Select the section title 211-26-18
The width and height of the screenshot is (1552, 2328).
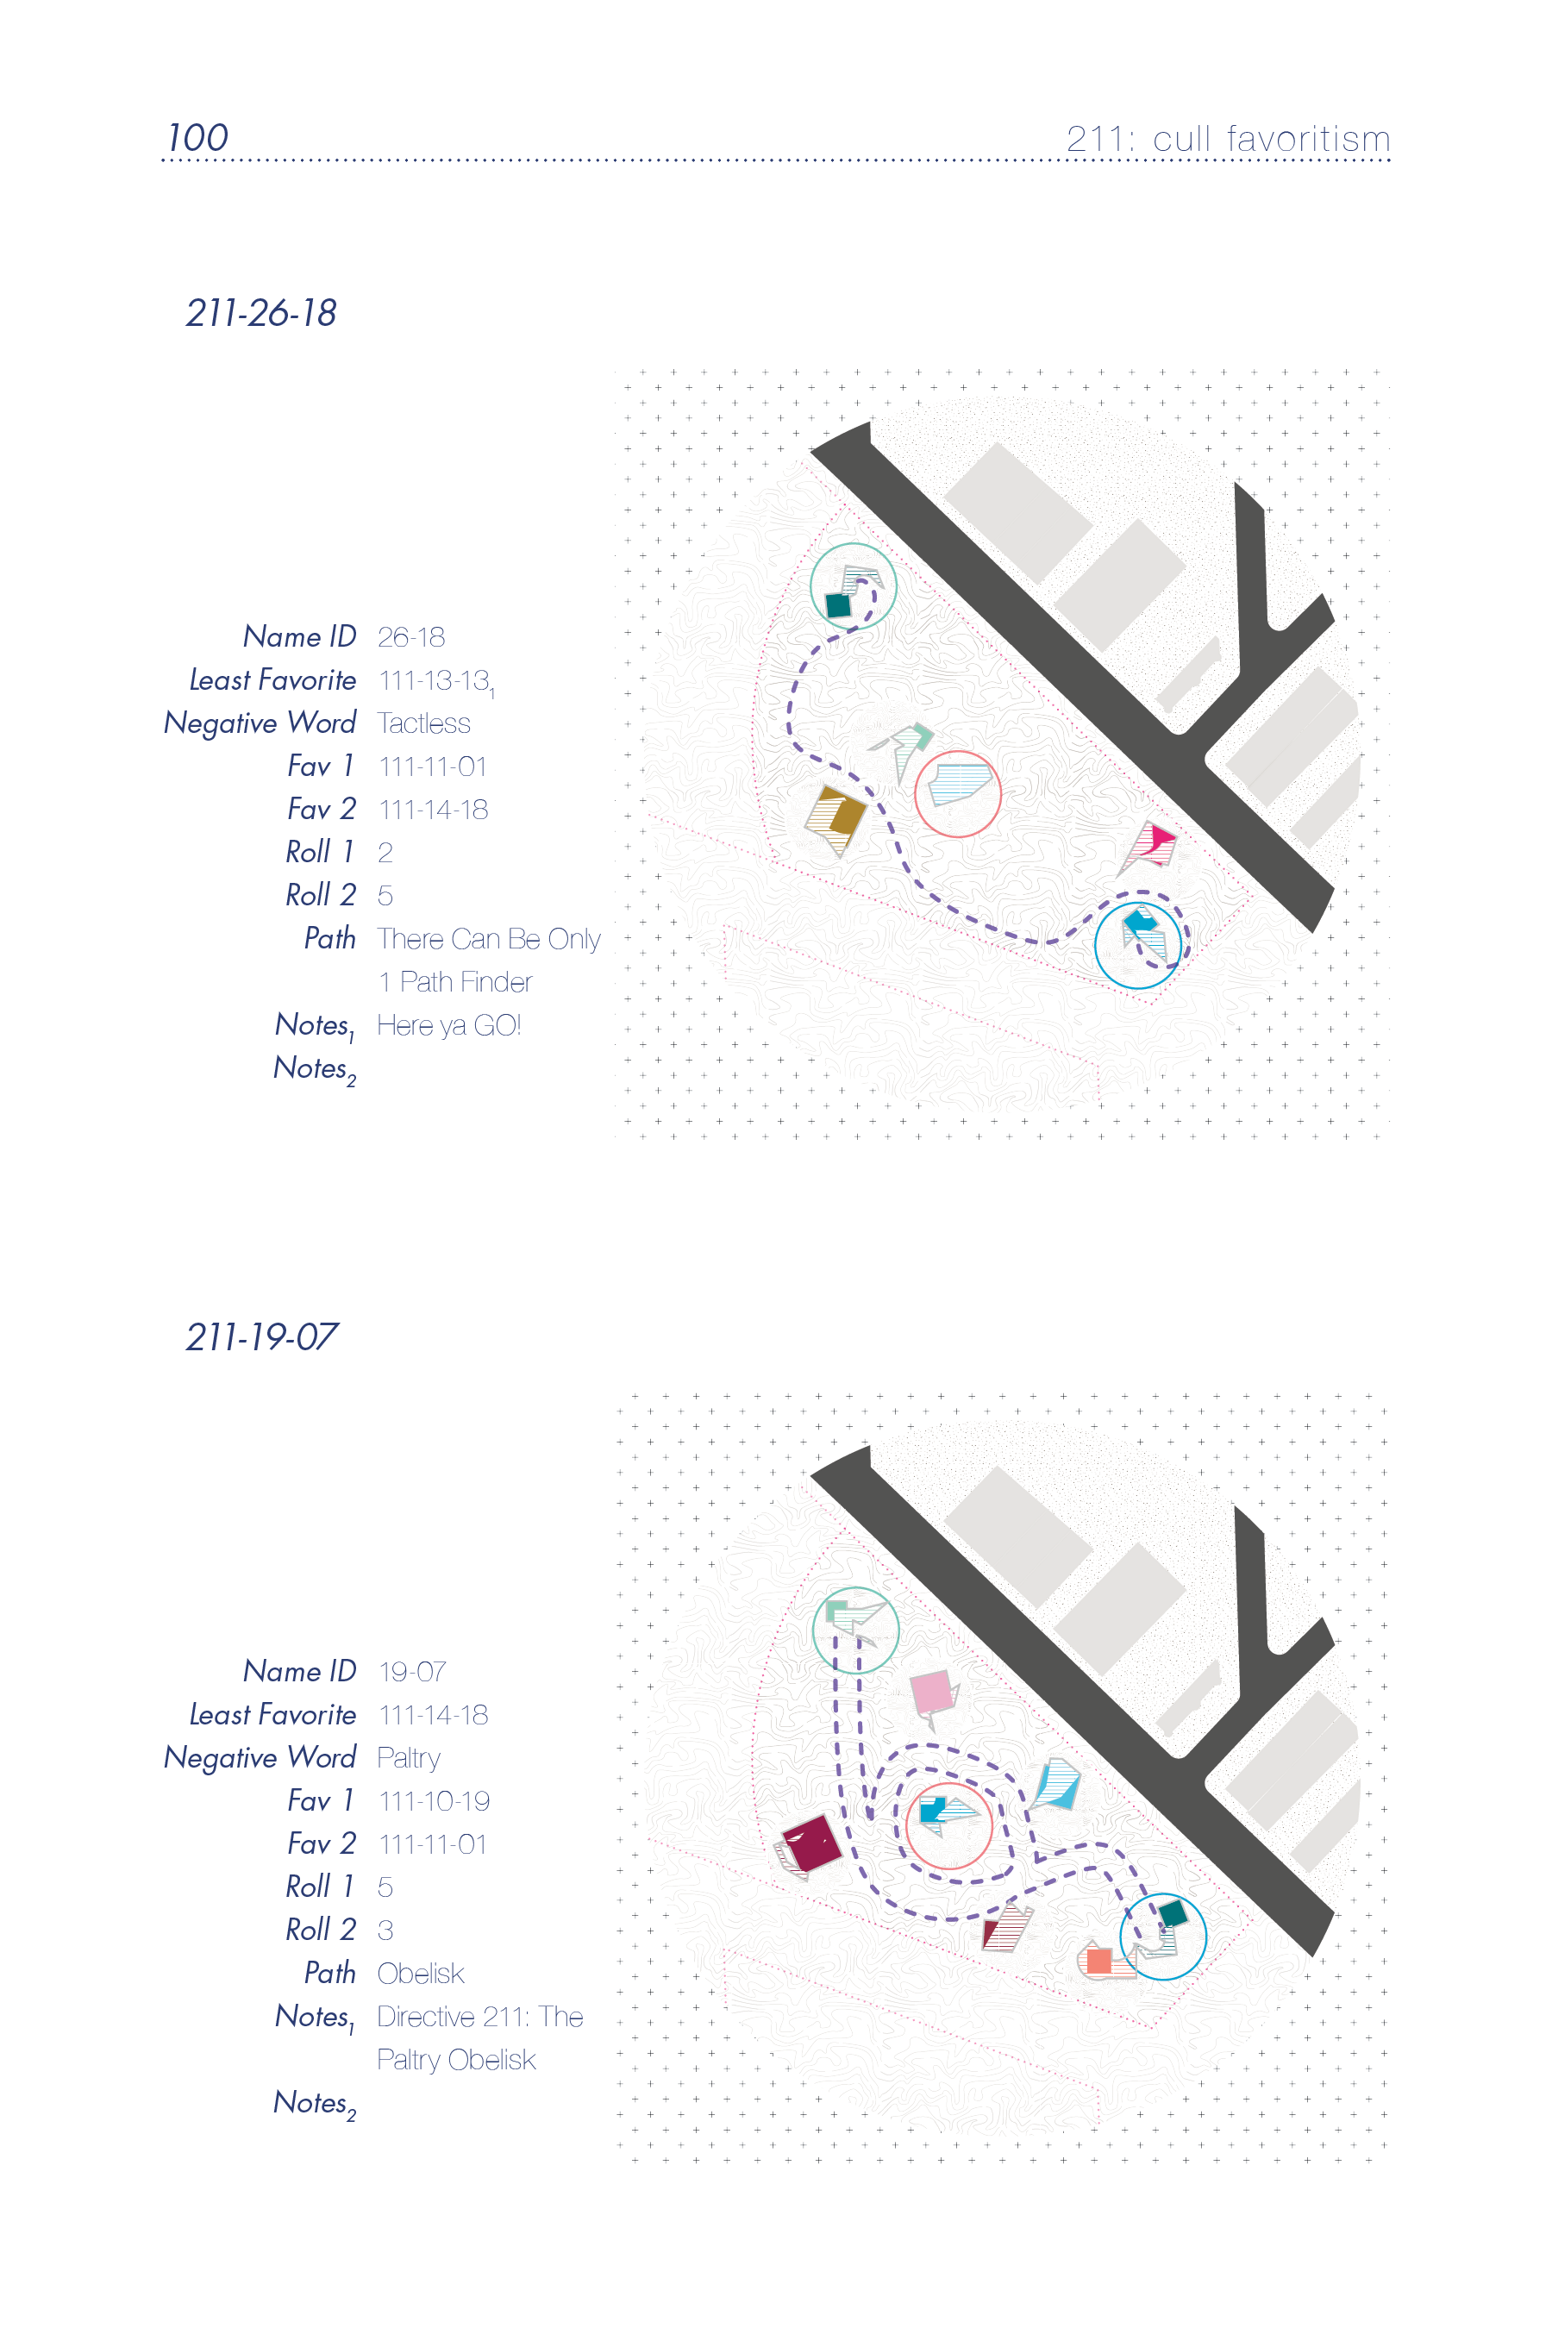pyautogui.click(x=261, y=313)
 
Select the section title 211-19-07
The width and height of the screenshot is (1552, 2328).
pyautogui.click(x=262, y=1336)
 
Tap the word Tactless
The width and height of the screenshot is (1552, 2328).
pyautogui.click(x=423, y=723)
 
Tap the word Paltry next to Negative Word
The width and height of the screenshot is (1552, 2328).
pyautogui.click(x=409, y=1759)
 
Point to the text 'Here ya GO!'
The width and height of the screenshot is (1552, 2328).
pyautogui.click(x=449, y=1025)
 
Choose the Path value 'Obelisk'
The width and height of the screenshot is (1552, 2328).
pyautogui.click(x=421, y=1974)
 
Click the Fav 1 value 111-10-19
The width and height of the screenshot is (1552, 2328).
pyautogui.click(x=435, y=1801)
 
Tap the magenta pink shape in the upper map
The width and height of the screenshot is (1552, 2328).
pyautogui.click(x=1158, y=841)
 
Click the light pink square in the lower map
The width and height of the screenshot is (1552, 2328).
pyautogui.click(x=931, y=1692)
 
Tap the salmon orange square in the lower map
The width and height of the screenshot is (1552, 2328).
pyautogui.click(x=1098, y=1960)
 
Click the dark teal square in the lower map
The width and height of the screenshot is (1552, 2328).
pyautogui.click(x=1173, y=1912)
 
